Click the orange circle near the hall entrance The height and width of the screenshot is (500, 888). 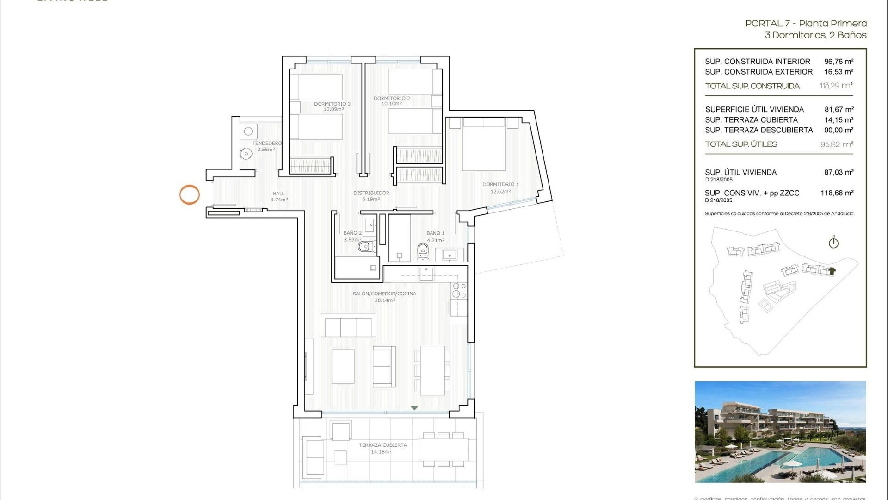[190, 195]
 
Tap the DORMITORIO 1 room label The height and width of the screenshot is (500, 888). [500, 184]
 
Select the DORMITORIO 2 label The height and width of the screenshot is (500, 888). [392, 98]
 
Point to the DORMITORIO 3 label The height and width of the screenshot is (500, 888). [332, 104]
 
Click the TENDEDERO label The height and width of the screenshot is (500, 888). [267, 144]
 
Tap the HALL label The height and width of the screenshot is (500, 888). [278, 194]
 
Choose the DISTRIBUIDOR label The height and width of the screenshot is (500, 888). [371, 193]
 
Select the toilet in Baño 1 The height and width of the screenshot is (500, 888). [423, 250]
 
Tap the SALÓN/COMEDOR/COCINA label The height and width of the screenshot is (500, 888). [384, 294]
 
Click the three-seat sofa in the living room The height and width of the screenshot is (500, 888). [348, 326]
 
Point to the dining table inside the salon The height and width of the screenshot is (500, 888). [432, 370]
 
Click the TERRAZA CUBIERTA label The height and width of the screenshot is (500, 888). [383, 445]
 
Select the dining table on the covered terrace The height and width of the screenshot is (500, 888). [444, 450]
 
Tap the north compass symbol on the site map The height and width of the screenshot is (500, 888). [833, 243]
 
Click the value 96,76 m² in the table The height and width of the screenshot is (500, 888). [839, 62]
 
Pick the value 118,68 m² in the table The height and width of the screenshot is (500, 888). [837, 193]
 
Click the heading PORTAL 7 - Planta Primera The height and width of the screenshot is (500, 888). [806, 23]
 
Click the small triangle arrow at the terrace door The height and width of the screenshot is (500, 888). [414, 408]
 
